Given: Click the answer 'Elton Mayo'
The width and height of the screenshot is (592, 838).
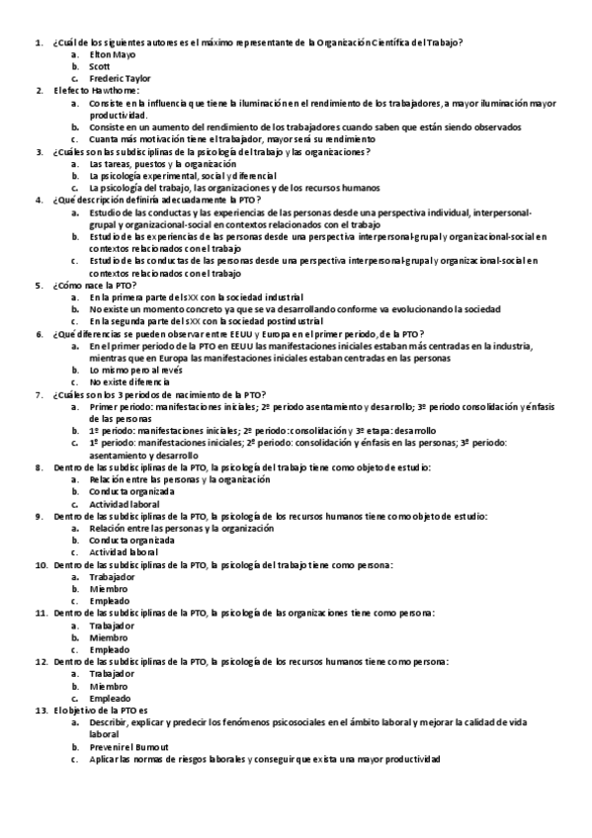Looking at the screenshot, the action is pyautogui.click(x=113, y=54).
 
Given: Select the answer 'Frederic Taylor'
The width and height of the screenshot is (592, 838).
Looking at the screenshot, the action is pyautogui.click(x=120, y=78).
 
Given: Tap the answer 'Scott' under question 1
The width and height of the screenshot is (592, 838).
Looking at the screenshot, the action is pyautogui.click(x=100, y=66).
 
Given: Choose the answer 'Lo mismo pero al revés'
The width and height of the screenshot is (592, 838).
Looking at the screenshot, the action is pyautogui.click(x=132, y=370).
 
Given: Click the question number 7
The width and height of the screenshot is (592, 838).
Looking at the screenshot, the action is pyautogui.click(x=39, y=393).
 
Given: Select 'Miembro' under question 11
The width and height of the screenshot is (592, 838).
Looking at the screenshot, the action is pyautogui.click(x=108, y=637).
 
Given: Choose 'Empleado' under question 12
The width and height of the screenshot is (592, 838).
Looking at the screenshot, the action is pyautogui.click(x=109, y=698).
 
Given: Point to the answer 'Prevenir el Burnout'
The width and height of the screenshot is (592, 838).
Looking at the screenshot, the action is pyautogui.click(x=128, y=746).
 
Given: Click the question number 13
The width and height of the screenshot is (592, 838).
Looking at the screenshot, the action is pyautogui.click(x=41, y=710).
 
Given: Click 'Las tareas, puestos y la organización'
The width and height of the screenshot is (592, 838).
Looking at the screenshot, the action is pyautogui.click(x=156, y=163).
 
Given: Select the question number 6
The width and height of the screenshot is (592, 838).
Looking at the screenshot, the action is pyautogui.click(x=39, y=333).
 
